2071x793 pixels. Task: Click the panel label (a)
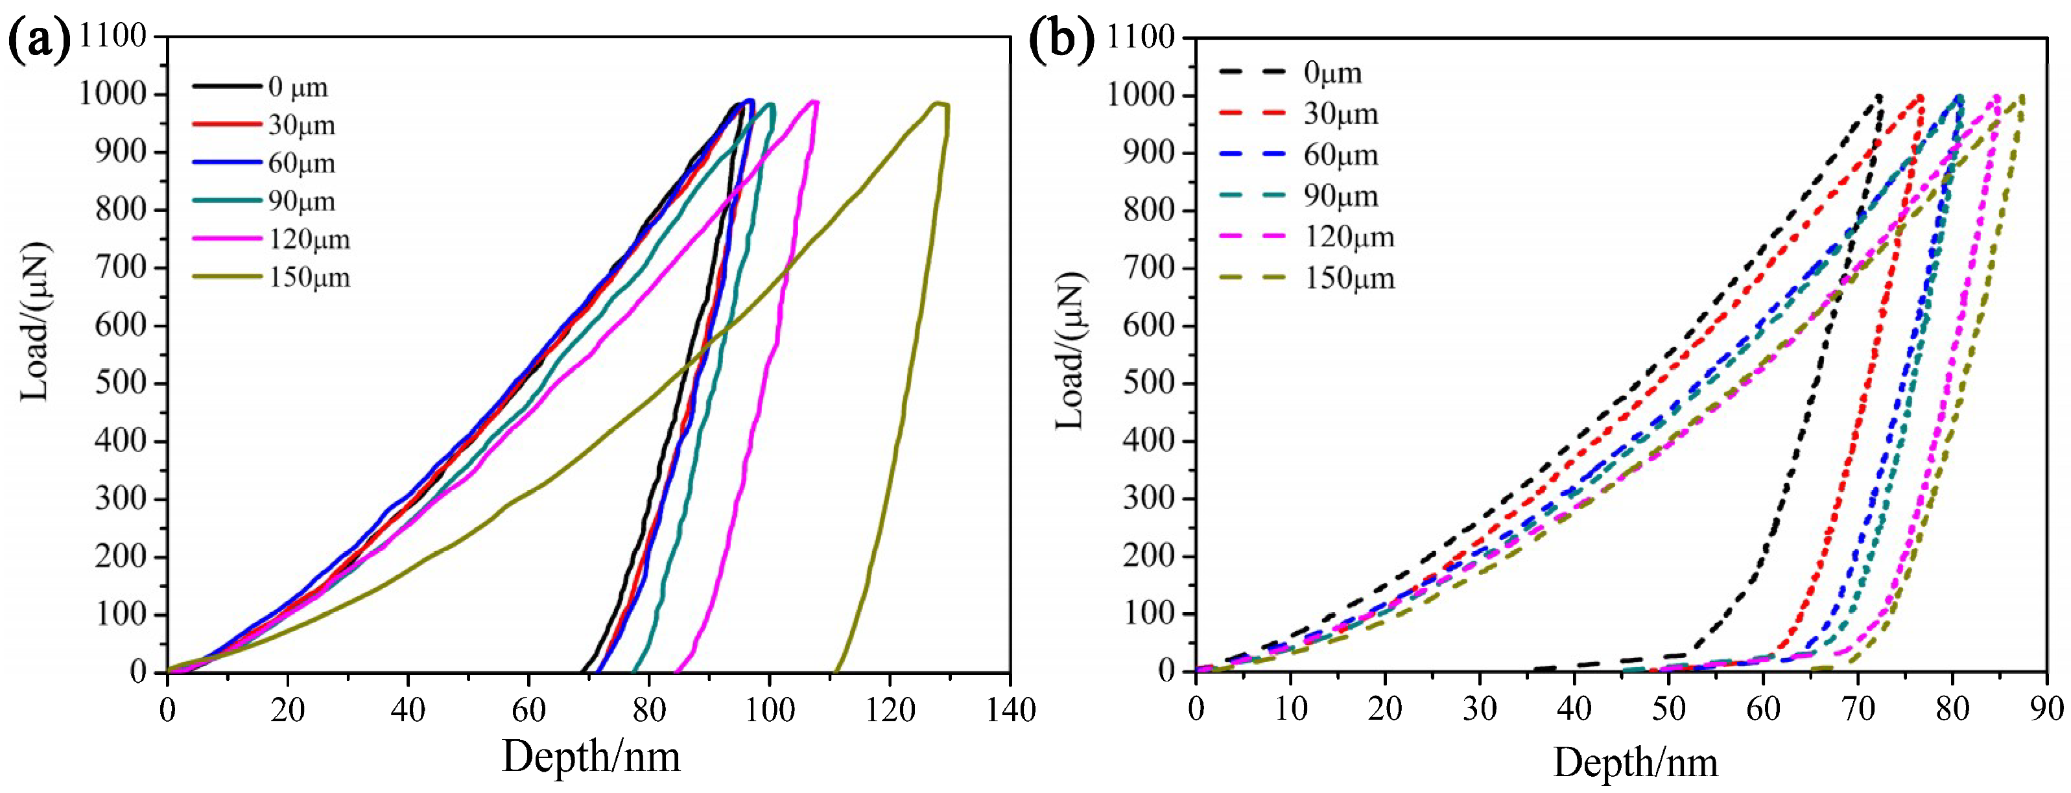point(39,40)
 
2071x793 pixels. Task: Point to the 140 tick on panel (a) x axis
point(1009,709)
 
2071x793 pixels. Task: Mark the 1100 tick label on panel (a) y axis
point(113,36)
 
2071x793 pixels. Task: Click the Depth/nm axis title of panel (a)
point(591,757)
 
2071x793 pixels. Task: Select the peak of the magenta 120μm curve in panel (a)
point(814,101)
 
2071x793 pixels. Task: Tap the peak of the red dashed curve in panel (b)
point(1920,97)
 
